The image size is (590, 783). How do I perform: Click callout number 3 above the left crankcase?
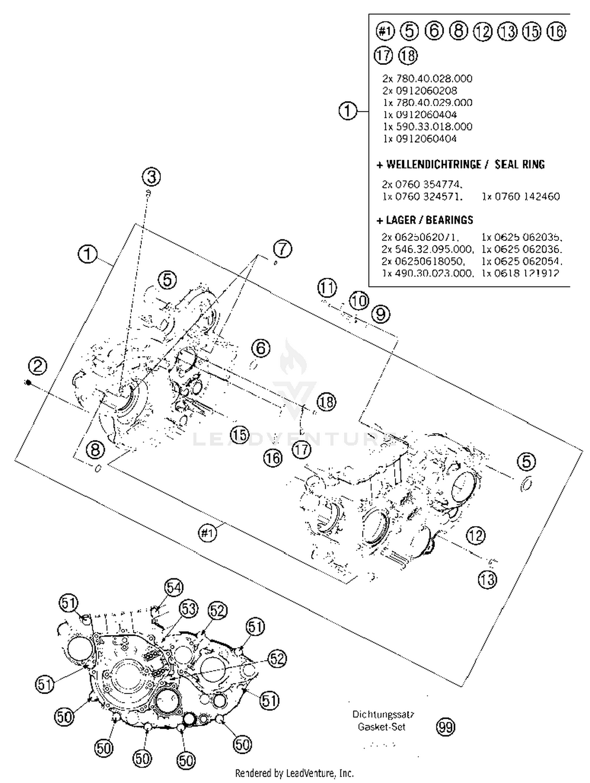(151, 177)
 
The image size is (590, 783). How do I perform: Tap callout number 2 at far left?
(38, 366)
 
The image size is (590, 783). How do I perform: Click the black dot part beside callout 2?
(28, 382)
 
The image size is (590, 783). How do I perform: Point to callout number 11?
(327, 288)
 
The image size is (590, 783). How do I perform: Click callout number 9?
(380, 314)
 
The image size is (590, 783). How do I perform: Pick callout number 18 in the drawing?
(326, 402)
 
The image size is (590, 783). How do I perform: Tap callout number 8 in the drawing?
(95, 449)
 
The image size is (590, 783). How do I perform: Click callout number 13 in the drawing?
(487, 580)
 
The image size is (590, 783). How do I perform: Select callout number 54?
(173, 588)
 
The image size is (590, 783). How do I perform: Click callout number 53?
(188, 609)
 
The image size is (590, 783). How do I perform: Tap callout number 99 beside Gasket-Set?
(445, 727)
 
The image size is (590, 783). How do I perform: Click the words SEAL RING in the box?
(519, 164)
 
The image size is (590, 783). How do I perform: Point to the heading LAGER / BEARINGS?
(425, 220)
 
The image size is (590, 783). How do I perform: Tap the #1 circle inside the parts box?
(385, 31)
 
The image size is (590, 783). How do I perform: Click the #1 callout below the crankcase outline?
(207, 533)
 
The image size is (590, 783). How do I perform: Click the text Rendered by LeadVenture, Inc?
(294, 773)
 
